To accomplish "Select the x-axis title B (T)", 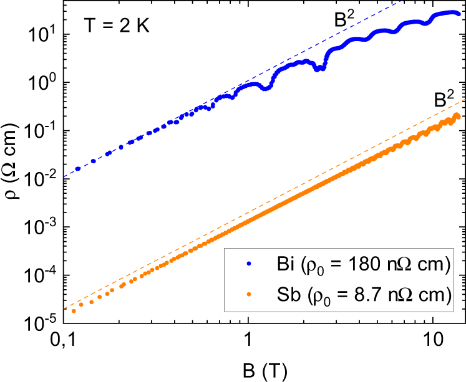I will point(265,370).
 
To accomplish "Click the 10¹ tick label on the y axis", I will point(41,34).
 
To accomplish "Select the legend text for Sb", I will point(362,297).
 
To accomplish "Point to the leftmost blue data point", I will point(78,169).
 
